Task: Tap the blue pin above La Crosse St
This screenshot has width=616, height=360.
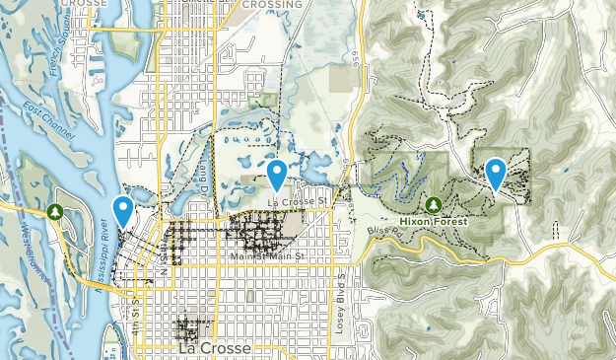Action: point(278,175)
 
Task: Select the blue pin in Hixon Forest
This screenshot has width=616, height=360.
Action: point(495,172)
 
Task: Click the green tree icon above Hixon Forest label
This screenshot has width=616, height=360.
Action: point(433,204)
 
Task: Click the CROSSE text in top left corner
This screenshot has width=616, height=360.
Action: point(85,4)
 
